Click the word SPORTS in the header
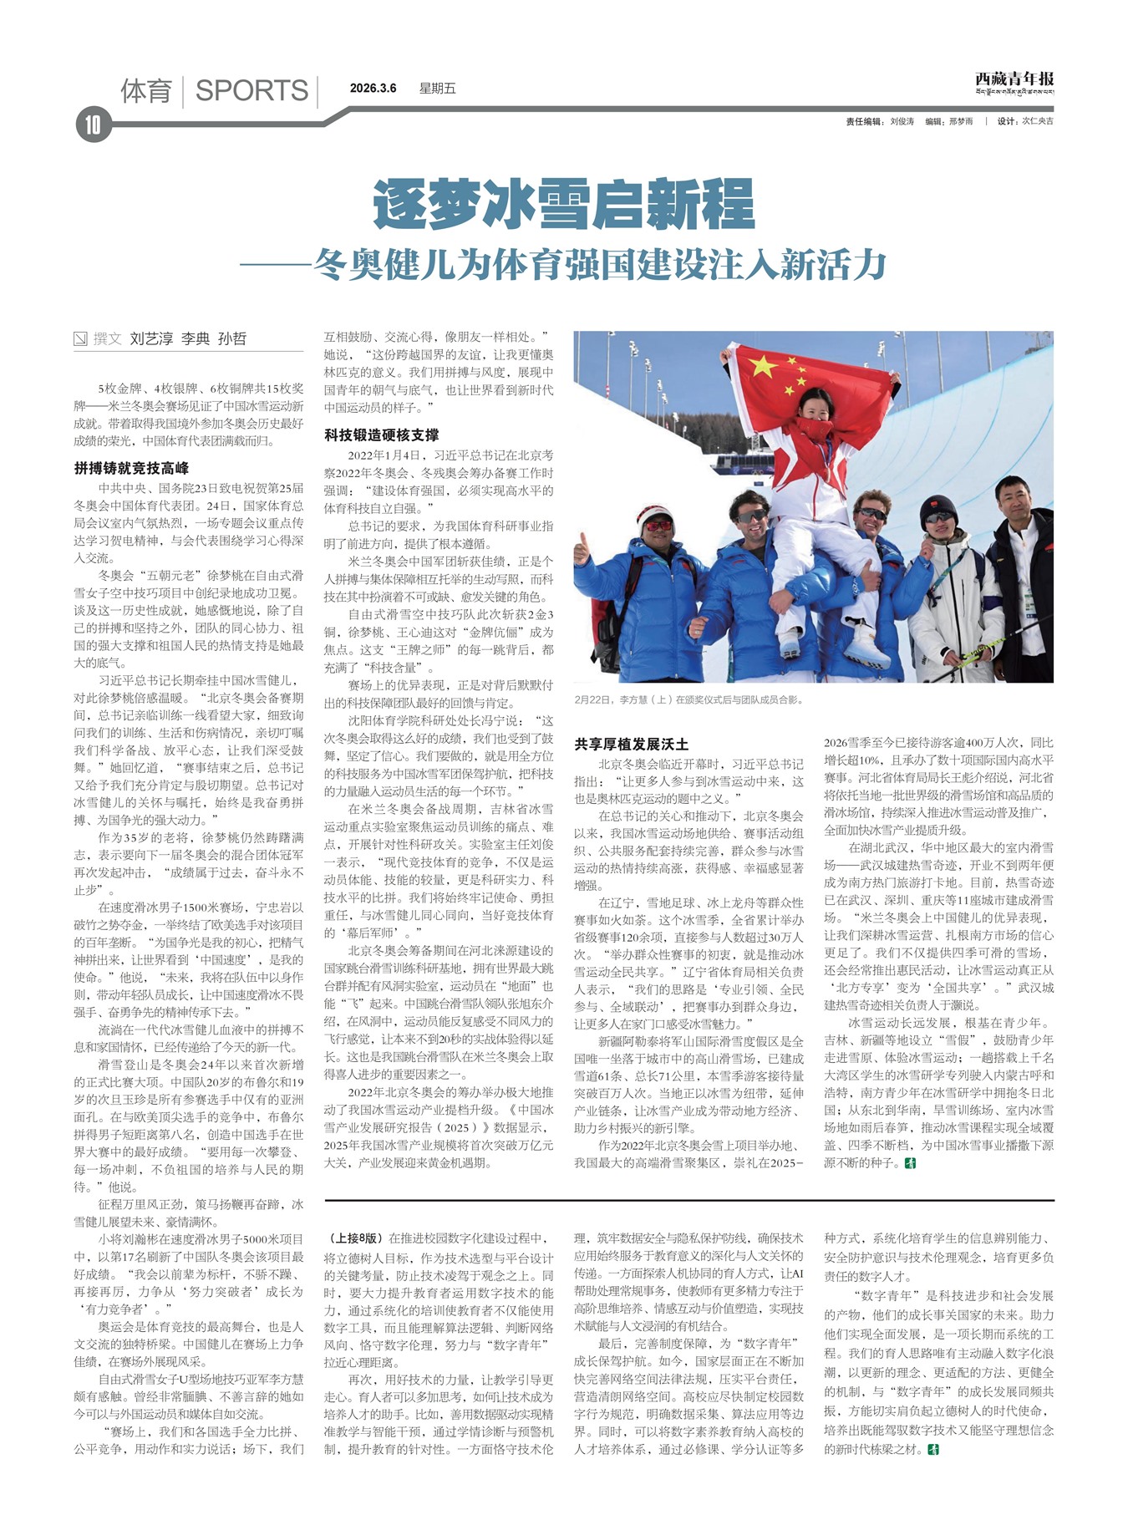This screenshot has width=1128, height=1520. point(252,90)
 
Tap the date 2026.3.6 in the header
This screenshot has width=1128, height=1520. point(373,89)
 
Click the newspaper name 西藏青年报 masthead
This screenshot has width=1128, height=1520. point(1014,79)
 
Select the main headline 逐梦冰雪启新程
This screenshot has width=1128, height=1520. point(564,204)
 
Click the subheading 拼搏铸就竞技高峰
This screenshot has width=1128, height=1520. point(131,468)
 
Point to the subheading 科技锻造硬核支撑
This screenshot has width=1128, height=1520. point(381,435)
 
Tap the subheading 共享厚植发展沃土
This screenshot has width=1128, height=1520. point(631,743)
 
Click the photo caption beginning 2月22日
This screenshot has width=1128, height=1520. point(688,699)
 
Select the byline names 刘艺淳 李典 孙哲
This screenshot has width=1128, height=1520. point(188,338)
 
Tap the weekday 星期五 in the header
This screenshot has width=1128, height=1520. point(437,89)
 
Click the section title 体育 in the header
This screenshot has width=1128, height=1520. point(146,90)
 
